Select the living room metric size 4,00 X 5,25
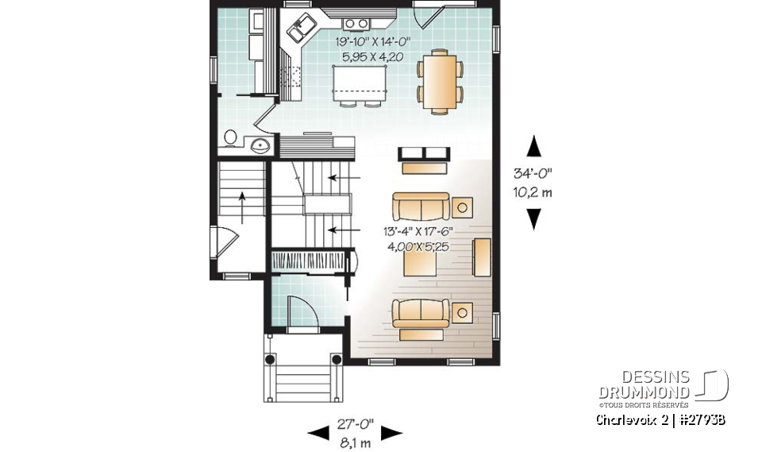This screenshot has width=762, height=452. (418, 246)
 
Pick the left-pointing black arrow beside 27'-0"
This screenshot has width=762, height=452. (318, 432)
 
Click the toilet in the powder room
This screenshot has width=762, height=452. (229, 138)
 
